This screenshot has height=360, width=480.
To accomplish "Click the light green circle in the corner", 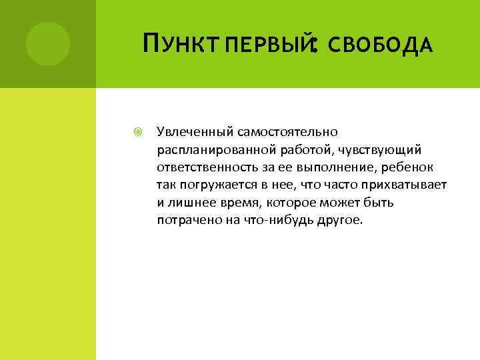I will [x=47, y=44].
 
